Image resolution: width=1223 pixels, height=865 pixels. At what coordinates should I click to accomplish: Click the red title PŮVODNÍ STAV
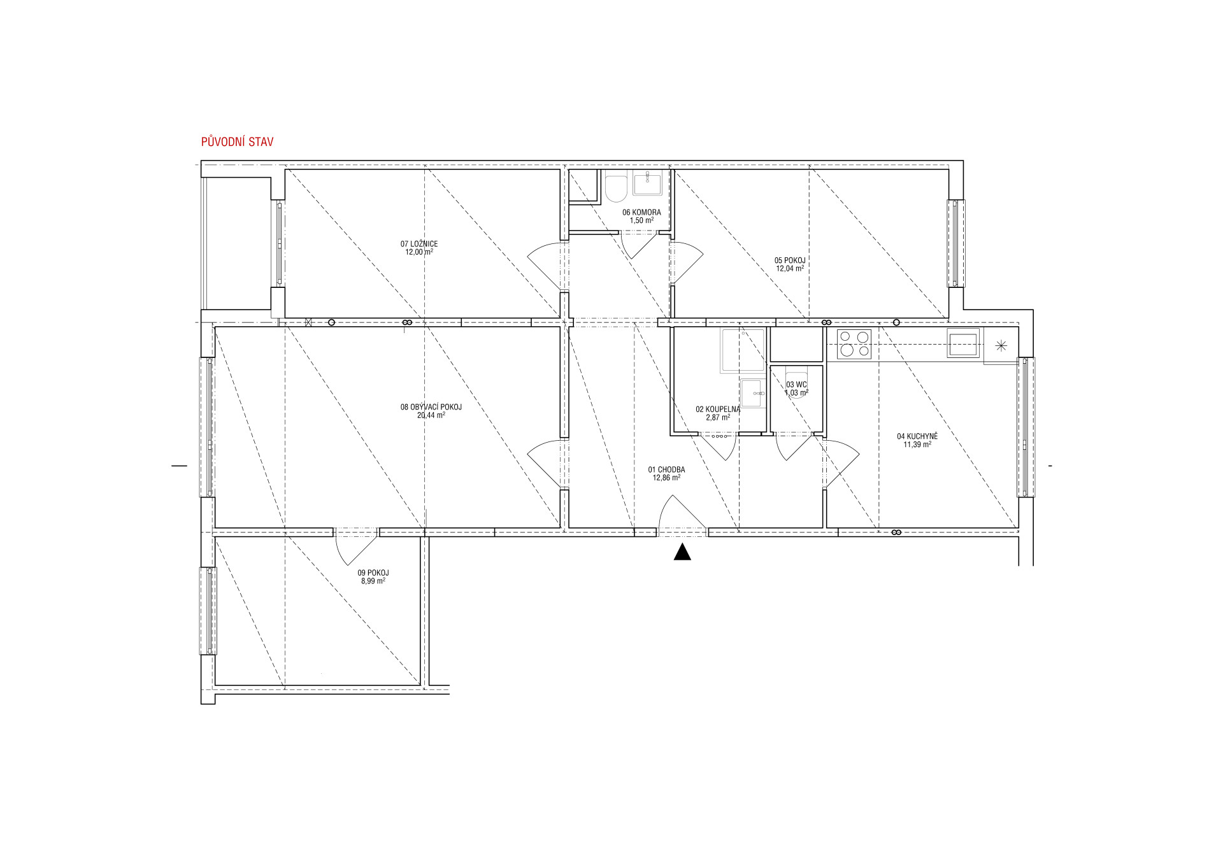[237, 141]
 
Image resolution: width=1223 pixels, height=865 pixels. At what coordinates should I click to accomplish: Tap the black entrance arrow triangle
[682, 552]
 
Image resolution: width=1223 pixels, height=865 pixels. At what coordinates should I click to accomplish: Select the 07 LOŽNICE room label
[419, 244]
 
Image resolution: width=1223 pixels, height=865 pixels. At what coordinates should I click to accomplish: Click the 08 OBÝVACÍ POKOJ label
[431, 407]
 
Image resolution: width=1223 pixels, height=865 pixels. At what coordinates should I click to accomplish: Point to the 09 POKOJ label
[373, 573]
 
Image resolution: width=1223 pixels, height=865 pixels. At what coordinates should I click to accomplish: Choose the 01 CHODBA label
[667, 469]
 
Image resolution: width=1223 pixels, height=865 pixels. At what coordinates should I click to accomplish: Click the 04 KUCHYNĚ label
[917, 436]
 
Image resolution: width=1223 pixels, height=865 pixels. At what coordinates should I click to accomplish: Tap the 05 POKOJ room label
[790, 261]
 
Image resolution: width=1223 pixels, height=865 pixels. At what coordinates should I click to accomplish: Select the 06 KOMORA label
[641, 213]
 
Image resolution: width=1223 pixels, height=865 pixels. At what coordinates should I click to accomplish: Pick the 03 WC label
[796, 385]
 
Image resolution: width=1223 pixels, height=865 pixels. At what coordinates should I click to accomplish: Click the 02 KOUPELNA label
[718, 410]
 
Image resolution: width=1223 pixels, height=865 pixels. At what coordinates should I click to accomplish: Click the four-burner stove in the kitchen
[854, 344]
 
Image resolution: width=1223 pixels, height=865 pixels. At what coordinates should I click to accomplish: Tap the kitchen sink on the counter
[963, 343]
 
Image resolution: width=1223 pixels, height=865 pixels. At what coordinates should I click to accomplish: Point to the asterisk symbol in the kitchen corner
[1001, 346]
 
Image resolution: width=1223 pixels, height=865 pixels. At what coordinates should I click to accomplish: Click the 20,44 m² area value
[431, 415]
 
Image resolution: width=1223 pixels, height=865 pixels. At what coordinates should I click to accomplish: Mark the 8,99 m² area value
[373, 581]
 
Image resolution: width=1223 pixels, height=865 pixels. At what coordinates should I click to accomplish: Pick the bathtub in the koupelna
[743, 350]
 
